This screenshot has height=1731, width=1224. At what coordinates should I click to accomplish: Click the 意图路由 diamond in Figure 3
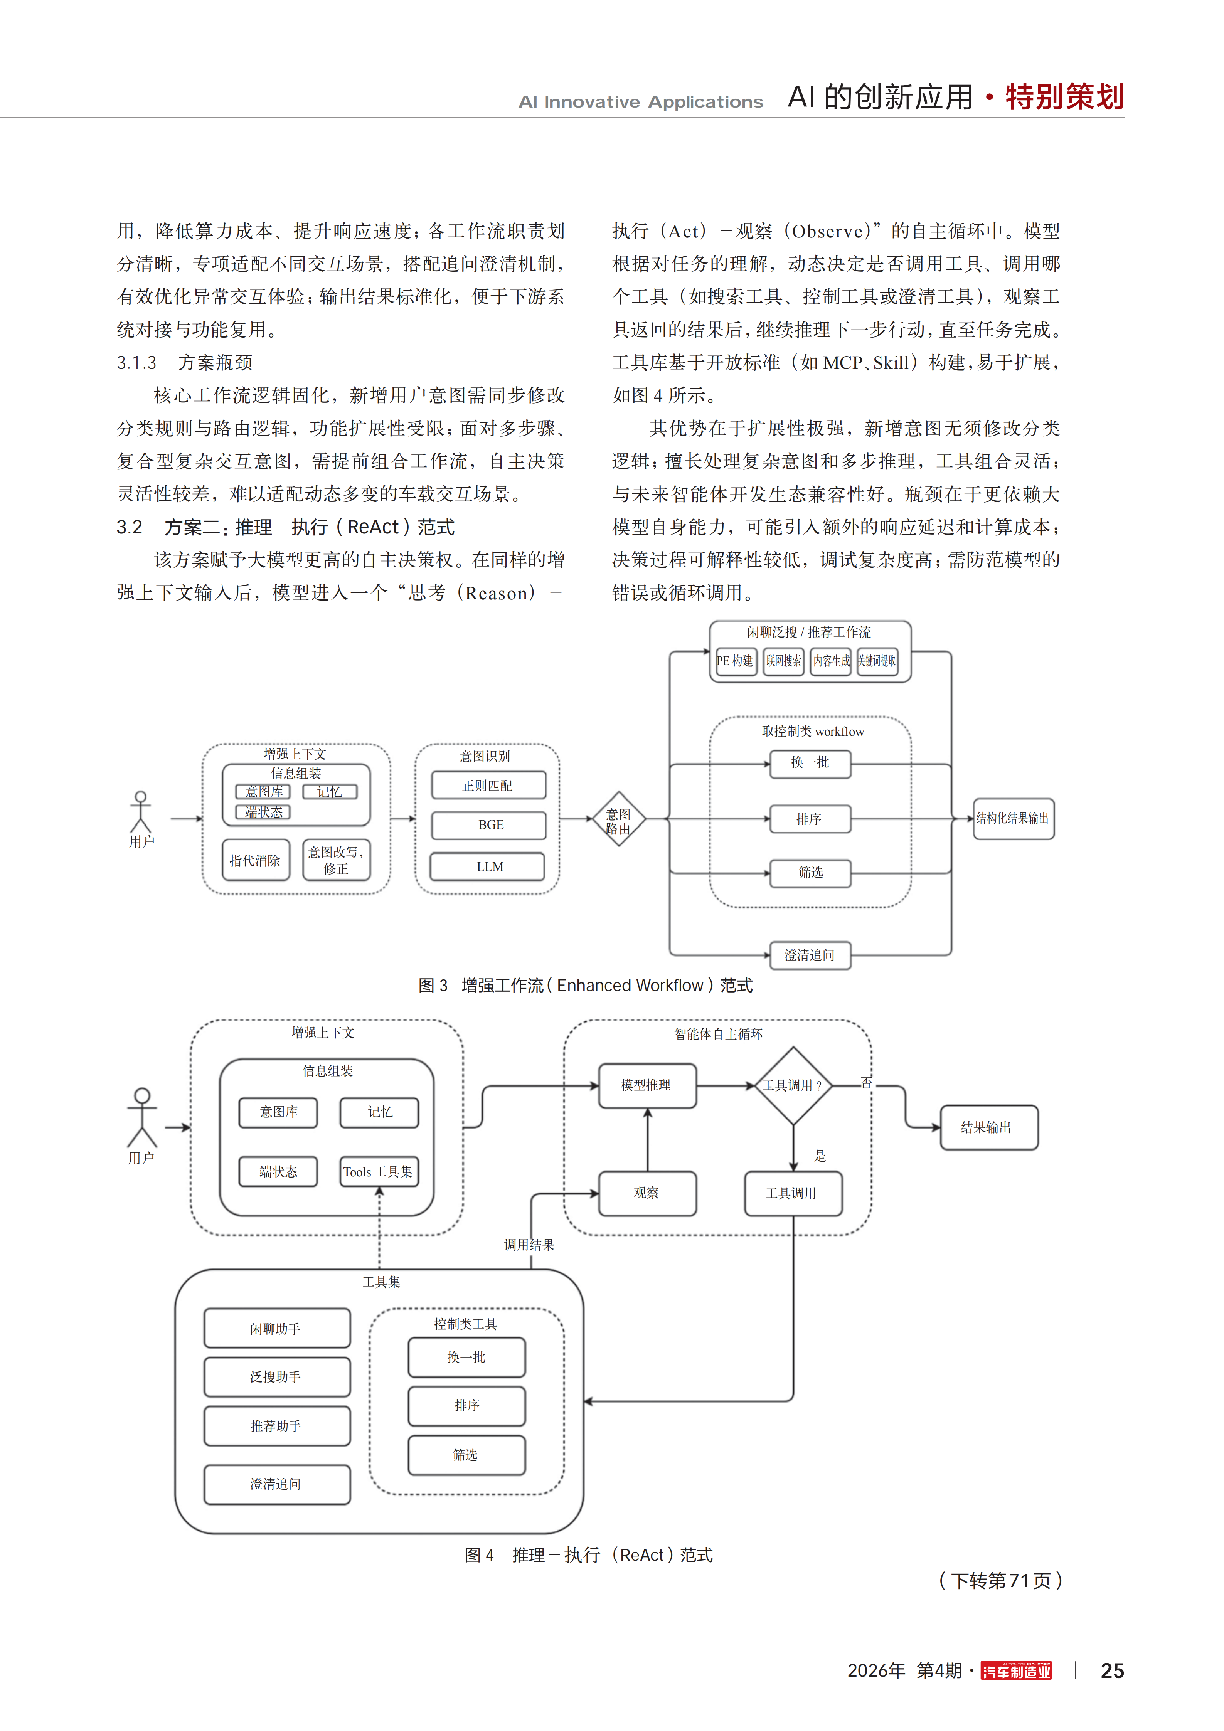[618, 819]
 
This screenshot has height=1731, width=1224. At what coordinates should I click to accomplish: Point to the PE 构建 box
[735, 661]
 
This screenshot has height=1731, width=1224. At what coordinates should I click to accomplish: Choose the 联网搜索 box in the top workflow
[784, 661]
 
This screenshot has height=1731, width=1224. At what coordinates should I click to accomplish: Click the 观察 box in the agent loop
[647, 1193]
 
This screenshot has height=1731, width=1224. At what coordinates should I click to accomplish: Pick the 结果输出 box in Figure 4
[989, 1127]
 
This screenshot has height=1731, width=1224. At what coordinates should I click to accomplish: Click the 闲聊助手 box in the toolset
[277, 1328]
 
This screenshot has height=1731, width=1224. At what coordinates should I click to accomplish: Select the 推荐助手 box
[277, 1426]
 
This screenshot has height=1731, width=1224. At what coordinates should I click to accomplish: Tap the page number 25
[1112, 1671]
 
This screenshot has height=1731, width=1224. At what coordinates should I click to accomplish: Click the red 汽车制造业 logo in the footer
[1016, 1671]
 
